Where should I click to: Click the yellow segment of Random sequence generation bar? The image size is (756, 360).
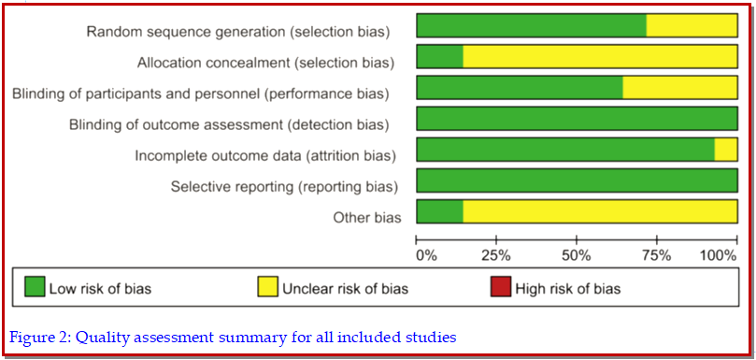tap(692, 25)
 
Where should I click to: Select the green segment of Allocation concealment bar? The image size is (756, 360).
tap(440, 56)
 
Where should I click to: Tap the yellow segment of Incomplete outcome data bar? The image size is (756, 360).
tap(726, 149)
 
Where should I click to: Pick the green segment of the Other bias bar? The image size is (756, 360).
tap(440, 211)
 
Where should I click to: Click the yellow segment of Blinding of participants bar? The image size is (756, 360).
tap(680, 87)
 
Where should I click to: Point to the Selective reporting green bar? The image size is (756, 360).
tap(578, 180)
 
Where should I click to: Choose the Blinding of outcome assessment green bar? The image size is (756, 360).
tap(578, 118)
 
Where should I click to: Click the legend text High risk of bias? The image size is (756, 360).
tap(568, 289)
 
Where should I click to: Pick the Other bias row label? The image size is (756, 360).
tap(367, 218)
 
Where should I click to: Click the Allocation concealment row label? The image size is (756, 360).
tap(265, 63)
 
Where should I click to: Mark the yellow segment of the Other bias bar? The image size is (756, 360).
tap(600, 211)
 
